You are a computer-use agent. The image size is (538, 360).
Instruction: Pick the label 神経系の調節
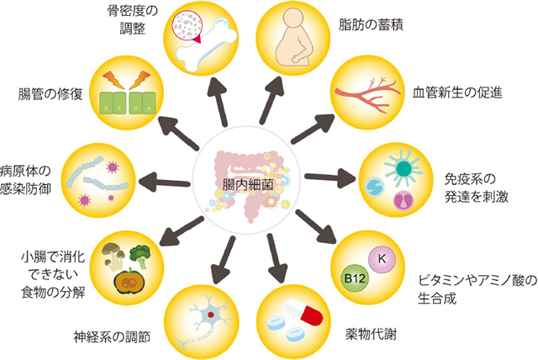tap(111, 337)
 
